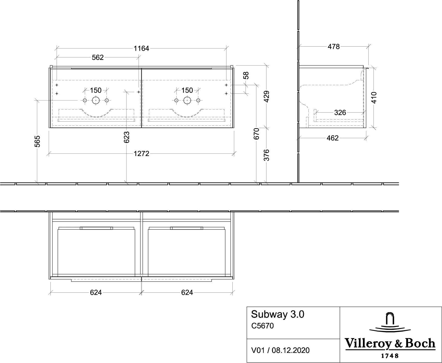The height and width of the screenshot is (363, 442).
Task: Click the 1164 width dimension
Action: click(x=141, y=48)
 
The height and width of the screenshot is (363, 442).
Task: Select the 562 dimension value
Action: click(x=98, y=57)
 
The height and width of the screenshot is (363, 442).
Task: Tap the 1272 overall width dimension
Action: click(x=142, y=154)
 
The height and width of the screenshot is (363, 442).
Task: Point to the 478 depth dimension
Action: click(x=334, y=47)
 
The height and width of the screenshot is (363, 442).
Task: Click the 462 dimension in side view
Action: click(x=333, y=138)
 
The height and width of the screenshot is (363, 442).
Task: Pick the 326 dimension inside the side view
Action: click(x=340, y=113)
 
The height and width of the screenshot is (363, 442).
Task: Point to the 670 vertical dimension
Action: click(x=256, y=134)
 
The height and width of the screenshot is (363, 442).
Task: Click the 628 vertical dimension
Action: click(x=127, y=137)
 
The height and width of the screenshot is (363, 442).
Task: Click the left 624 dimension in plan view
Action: click(x=96, y=292)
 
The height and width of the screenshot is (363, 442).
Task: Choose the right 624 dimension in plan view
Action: click(x=187, y=292)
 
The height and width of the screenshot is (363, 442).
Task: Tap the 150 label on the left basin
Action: click(x=96, y=90)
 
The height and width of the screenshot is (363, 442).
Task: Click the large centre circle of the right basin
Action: click(x=187, y=100)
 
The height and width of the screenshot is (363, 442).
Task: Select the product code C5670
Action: click(x=263, y=326)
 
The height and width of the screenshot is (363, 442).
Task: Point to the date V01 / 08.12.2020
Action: click(x=280, y=350)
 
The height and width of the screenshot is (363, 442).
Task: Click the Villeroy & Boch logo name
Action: click(x=391, y=344)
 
